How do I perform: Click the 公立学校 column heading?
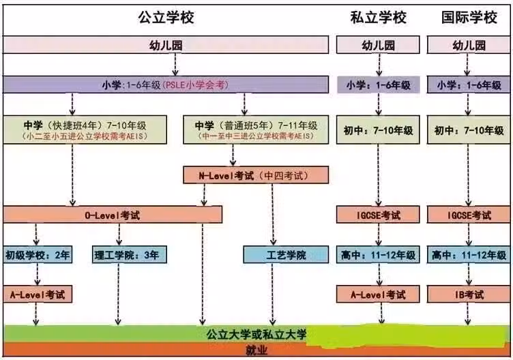166,17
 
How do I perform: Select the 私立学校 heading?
378,17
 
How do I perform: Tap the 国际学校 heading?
469,17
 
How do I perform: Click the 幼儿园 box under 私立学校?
378,45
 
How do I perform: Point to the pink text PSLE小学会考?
196,85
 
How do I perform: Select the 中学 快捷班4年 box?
85,130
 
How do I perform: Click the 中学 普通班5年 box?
256,130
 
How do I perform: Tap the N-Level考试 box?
256,175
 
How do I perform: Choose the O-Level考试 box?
113,215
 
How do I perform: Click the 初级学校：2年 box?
38,255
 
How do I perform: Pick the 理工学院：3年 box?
130,255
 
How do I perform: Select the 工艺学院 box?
286,255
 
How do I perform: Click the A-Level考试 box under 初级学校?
38,295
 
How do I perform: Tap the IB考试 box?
469,295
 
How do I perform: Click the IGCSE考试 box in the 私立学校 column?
378,215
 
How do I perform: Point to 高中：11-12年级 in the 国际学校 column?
469,255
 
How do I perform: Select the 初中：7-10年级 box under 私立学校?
378,130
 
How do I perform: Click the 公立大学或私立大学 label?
256,334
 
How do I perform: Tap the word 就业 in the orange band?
256,350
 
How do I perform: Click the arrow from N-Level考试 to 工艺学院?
273,215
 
